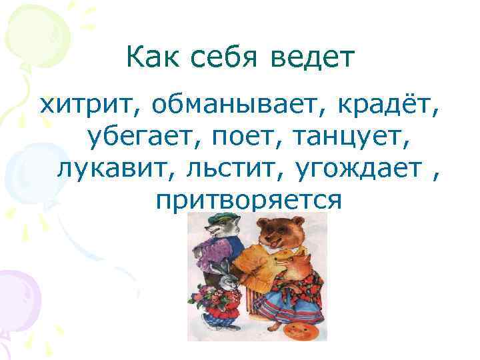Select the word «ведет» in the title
pos(314,59)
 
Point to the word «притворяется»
pos(247,199)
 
